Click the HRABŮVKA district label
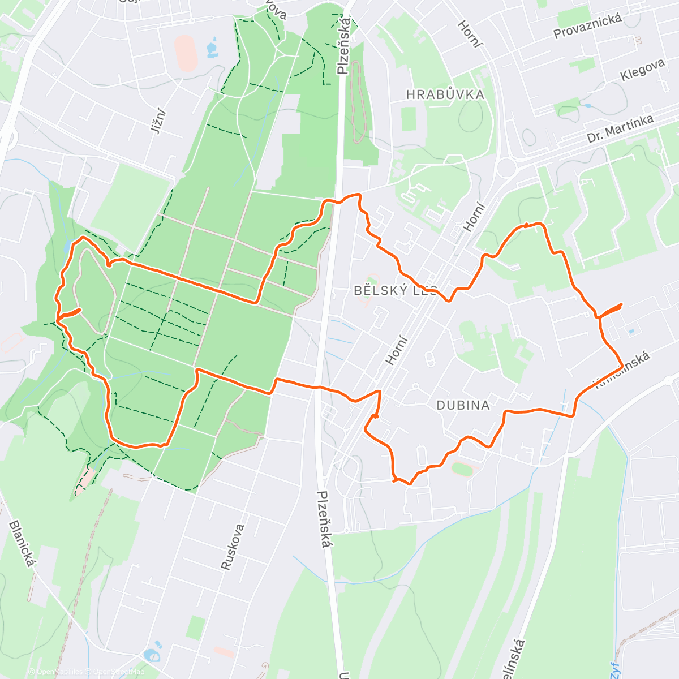(445, 94)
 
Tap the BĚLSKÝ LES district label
(396, 291)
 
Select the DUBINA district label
(463, 405)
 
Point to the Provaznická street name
(587, 25)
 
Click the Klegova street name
(642, 70)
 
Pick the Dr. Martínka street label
(620, 128)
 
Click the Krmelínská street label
(622, 371)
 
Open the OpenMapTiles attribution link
(59, 672)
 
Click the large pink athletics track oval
(184, 53)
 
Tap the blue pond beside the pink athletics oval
(212, 49)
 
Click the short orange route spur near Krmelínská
(611, 310)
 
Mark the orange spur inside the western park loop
(70, 312)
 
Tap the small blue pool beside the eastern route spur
(631, 330)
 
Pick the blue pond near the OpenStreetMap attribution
(151, 655)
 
